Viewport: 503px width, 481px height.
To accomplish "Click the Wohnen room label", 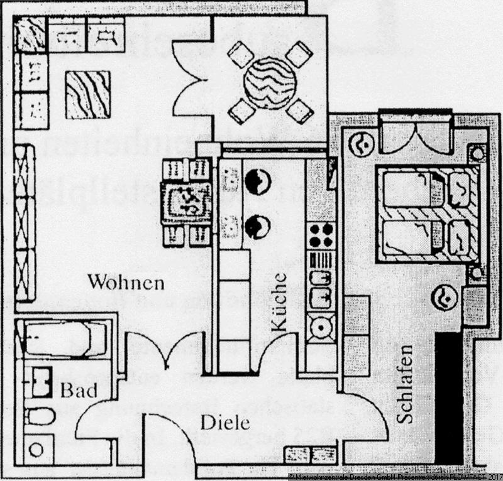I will (126, 282).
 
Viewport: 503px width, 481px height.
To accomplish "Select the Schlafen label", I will (405, 384).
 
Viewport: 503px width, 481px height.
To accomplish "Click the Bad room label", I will (79, 391).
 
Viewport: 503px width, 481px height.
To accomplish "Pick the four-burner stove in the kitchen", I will (321, 235).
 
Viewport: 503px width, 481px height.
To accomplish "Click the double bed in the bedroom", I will (428, 213).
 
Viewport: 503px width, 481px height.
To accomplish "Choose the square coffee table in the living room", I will (88, 95).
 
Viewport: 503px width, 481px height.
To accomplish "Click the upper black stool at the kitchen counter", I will (258, 182).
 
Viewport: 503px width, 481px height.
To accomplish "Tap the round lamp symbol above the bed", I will (364, 144).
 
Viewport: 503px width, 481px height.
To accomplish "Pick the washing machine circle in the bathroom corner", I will (36, 450).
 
